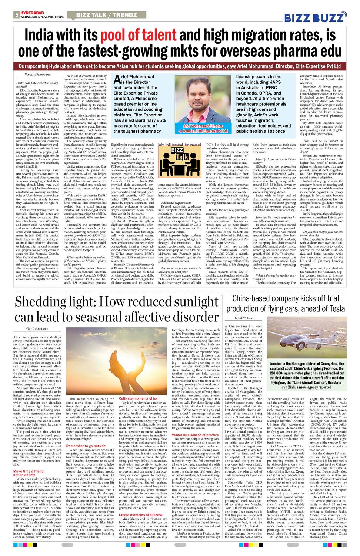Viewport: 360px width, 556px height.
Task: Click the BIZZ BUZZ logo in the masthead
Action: point(315,17)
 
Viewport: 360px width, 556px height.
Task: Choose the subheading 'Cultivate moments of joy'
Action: point(138,398)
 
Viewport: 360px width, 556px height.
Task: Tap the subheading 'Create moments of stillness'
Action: point(140,515)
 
